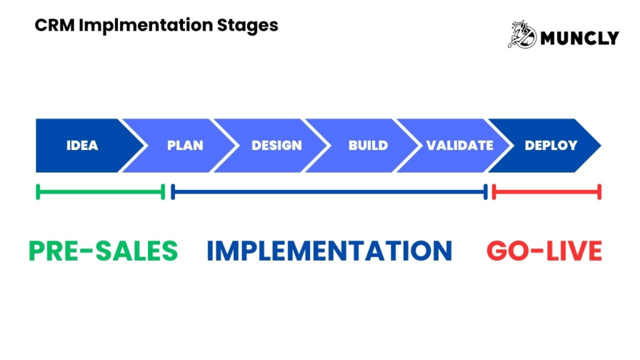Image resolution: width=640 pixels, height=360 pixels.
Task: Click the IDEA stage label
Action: [x=82, y=146]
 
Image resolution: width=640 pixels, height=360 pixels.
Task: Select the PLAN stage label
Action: [x=185, y=146]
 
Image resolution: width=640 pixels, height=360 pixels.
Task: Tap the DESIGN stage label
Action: [x=276, y=146]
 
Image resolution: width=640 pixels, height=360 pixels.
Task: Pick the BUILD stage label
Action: [x=368, y=146]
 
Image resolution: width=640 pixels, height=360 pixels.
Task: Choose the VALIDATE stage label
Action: [x=459, y=146]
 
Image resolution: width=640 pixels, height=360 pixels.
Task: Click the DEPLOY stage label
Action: [x=551, y=146]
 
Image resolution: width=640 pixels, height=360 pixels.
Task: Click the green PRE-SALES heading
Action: [x=103, y=251]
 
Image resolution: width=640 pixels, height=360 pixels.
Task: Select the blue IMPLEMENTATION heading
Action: [x=329, y=251]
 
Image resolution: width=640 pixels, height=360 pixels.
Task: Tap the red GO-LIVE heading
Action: [x=544, y=251]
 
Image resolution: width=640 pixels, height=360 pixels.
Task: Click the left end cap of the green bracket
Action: [x=38, y=192]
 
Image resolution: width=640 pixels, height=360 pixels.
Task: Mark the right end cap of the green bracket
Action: [x=163, y=192]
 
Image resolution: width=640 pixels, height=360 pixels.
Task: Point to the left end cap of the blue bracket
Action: [x=173, y=192]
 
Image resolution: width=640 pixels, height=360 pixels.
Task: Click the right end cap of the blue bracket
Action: [x=485, y=192]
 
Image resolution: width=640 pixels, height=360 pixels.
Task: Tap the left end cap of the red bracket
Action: [x=494, y=192]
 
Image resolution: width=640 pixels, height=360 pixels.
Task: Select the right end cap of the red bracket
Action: [x=599, y=192]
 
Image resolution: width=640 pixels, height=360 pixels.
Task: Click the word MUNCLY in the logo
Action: [x=579, y=37]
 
